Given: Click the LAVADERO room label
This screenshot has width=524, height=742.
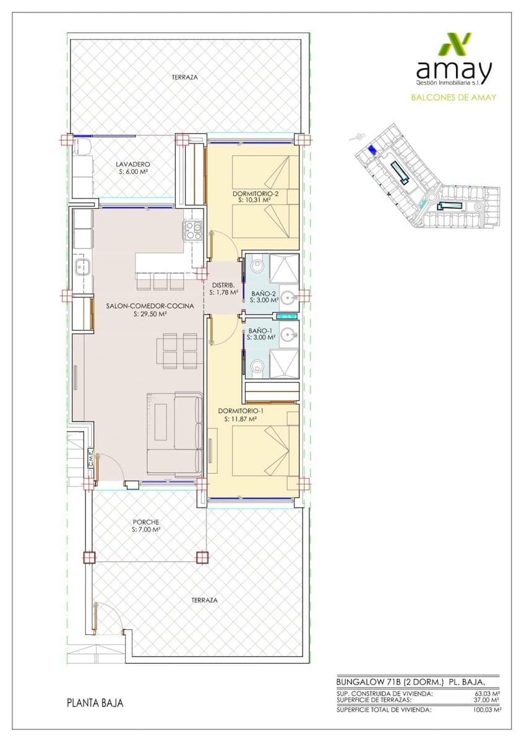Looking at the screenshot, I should click(x=133, y=164).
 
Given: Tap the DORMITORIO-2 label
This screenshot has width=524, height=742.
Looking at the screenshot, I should click(x=256, y=194).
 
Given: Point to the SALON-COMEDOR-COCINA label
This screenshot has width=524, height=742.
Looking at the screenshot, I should click(x=150, y=306).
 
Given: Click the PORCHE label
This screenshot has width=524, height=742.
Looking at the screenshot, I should click(x=146, y=522).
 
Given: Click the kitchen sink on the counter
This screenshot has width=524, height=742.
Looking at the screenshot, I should click(x=82, y=267).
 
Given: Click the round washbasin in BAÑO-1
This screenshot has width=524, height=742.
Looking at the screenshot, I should click(x=288, y=336).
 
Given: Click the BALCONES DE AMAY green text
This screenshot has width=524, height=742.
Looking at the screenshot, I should click(x=453, y=97).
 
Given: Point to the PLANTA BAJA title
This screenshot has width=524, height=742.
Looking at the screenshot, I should click(x=95, y=703).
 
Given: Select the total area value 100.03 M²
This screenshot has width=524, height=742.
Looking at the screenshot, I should click(x=486, y=710).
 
